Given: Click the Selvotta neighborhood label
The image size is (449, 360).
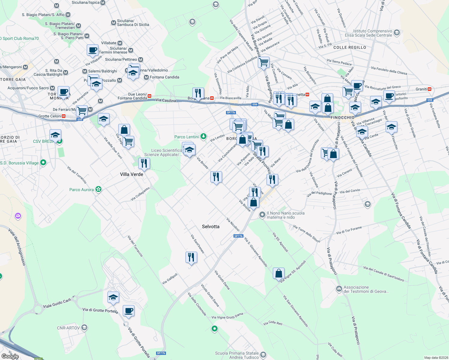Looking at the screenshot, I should [210, 226].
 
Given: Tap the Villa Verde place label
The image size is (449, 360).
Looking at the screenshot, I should [131, 174].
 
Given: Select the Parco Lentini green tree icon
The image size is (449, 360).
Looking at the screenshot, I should [203, 137].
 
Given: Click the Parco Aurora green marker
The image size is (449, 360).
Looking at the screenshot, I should [98, 189].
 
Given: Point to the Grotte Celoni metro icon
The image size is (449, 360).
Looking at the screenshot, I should [64, 116].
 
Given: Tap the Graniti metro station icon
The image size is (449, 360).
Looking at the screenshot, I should [429, 89].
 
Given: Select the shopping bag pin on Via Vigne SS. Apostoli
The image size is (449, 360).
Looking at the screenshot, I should [279, 273].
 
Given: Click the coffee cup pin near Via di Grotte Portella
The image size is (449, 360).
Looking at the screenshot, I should [128, 311].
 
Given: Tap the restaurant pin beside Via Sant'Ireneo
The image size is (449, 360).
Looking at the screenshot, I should [191, 257].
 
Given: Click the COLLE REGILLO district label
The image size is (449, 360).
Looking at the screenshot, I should [350, 47].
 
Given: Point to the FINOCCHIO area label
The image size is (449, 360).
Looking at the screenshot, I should [342, 118].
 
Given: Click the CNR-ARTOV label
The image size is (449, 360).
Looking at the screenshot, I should [68, 328].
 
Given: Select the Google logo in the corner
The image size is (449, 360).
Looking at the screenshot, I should [10, 356].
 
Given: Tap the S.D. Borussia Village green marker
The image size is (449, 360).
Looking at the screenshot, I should [43, 163].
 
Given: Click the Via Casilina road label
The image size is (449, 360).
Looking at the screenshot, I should [166, 100].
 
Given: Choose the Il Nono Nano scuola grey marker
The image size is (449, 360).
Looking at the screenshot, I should [262, 214].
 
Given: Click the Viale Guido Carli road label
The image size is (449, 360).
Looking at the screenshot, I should [57, 303].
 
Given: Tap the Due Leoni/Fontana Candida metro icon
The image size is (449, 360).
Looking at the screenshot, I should [149, 96].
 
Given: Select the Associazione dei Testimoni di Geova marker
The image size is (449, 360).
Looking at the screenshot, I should [339, 289].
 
